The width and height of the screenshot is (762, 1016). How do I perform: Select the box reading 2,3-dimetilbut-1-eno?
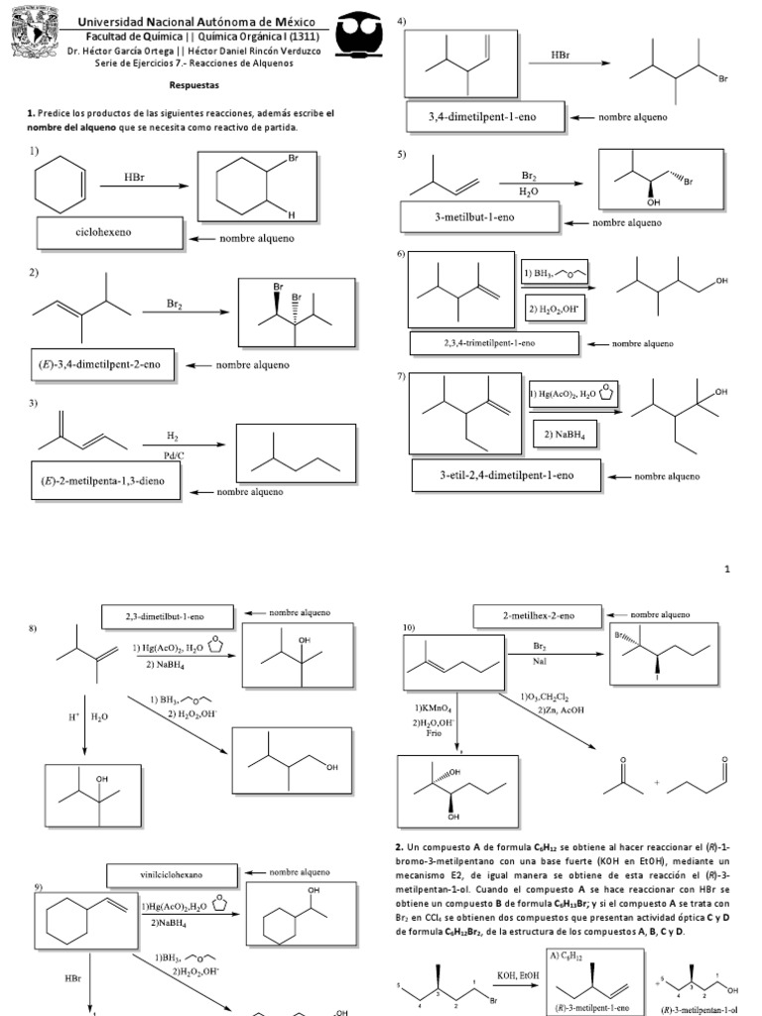pyautogui.click(x=168, y=615)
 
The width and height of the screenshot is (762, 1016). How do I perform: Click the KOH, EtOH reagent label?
pyautogui.click(x=510, y=977)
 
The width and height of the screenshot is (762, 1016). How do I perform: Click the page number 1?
pyautogui.click(x=727, y=569)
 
